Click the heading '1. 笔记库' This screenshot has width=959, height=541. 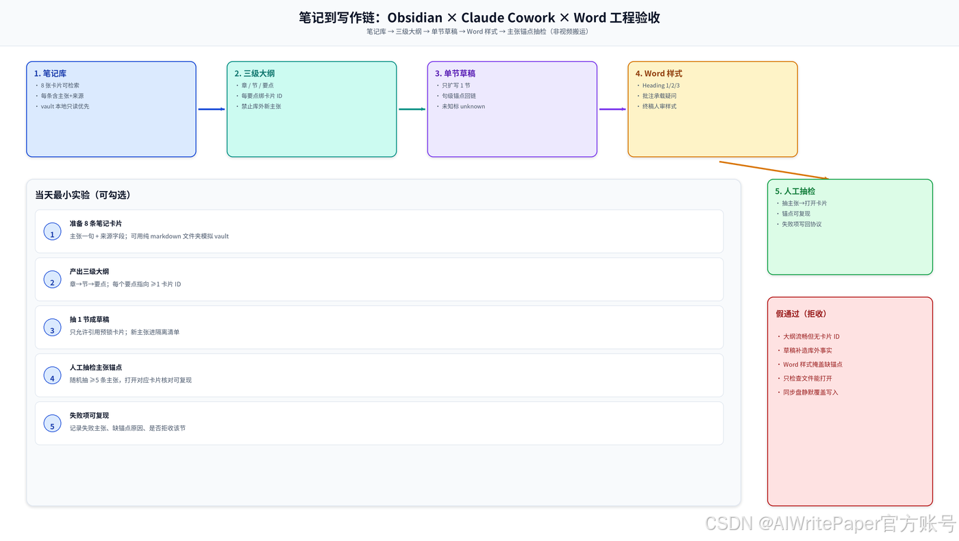(x=50, y=73)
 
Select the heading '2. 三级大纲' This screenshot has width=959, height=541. (x=255, y=73)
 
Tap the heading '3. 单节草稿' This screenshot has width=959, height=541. (x=455, y=73)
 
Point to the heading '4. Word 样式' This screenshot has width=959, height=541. (x=659, y=73)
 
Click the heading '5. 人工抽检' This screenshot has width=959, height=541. (x=795, y=191)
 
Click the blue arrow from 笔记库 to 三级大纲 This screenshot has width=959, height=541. (x=212, y=109)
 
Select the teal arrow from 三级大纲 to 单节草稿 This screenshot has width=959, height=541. (x=412, y=109)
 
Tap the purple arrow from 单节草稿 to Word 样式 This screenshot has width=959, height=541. (x=612, y=109)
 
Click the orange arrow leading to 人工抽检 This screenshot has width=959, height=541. (x=774, y=170)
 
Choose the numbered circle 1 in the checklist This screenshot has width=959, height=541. (x=52, y=231)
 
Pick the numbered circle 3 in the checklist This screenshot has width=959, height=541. (x=52, y=327)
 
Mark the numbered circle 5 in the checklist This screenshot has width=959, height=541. (x=52, y=423)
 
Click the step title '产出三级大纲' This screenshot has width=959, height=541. (x=89, y=271)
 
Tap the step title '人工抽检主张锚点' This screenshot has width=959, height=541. (x=96, y=367)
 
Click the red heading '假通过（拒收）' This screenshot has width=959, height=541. (x=801, y=314)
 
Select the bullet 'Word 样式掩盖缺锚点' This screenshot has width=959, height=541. (x=812, y=364)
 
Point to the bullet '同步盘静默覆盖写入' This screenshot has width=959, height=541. (x=810, y=392)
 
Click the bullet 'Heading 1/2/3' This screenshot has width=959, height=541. (x=660, y=85)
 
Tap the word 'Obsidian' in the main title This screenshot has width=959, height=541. (x=415, y=18)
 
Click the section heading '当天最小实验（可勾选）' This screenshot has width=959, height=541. (x=83, y=194)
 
